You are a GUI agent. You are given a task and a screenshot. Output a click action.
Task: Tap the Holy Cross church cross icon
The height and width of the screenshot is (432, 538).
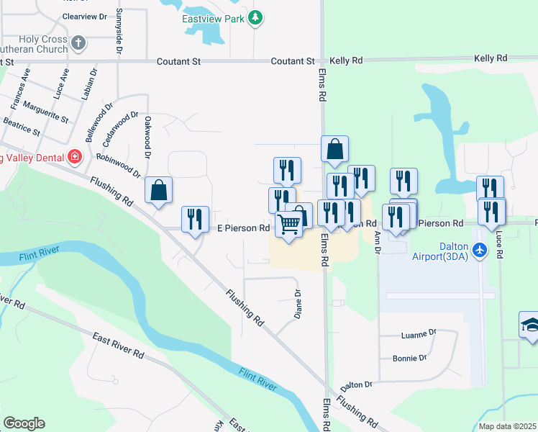coord(78,44)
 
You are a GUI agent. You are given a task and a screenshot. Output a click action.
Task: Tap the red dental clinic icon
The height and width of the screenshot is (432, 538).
coord(74,156)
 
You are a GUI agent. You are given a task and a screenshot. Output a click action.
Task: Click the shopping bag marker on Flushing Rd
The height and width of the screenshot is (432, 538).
coord(159,191)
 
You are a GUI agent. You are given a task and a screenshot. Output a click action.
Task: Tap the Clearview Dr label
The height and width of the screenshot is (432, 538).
coord(84,15)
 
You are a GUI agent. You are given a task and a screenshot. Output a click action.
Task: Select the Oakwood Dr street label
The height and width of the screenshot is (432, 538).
coord(147,137)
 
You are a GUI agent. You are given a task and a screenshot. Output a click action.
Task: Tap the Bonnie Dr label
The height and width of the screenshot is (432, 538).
coord(410,358)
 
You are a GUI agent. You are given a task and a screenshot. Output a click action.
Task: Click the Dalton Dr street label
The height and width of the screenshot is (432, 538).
coord(357,385)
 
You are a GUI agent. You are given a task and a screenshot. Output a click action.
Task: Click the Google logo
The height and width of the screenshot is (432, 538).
coord(24,423)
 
